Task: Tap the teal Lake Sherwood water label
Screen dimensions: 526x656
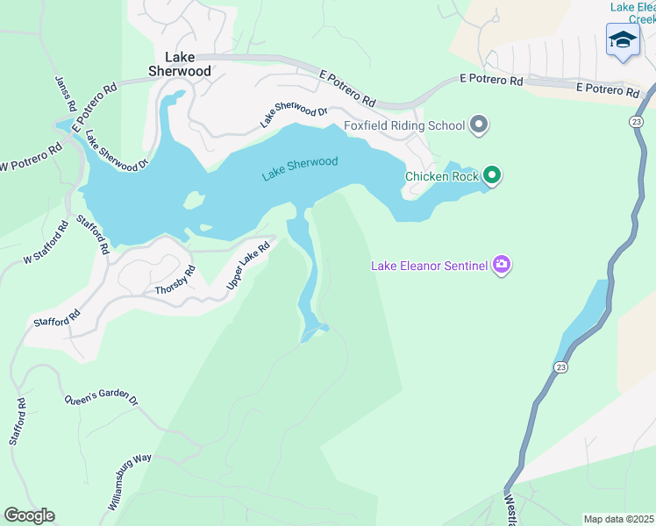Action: (x=300, y=169)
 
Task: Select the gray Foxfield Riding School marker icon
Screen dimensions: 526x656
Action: (x=478, y=125)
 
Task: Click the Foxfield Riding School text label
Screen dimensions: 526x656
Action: (x=404, y=125)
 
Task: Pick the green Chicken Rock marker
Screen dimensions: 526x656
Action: (x=492, y=176)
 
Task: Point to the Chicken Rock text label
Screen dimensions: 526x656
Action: (x=442, y=176)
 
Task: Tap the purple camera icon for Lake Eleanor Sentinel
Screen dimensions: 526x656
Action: (x=501, y=265)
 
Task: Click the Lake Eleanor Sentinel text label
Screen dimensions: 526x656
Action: (x=429, y=265)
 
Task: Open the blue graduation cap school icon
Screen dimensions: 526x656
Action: (x=623, y=40)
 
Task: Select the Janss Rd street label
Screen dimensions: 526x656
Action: (x=64, y=93)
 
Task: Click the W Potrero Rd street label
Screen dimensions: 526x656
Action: (x=32, y=154)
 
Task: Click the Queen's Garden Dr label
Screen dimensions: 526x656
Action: (x=101, y=399)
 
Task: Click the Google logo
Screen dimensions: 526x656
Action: (x=29, y=515)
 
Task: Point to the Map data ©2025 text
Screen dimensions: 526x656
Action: (x=619, y=519)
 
